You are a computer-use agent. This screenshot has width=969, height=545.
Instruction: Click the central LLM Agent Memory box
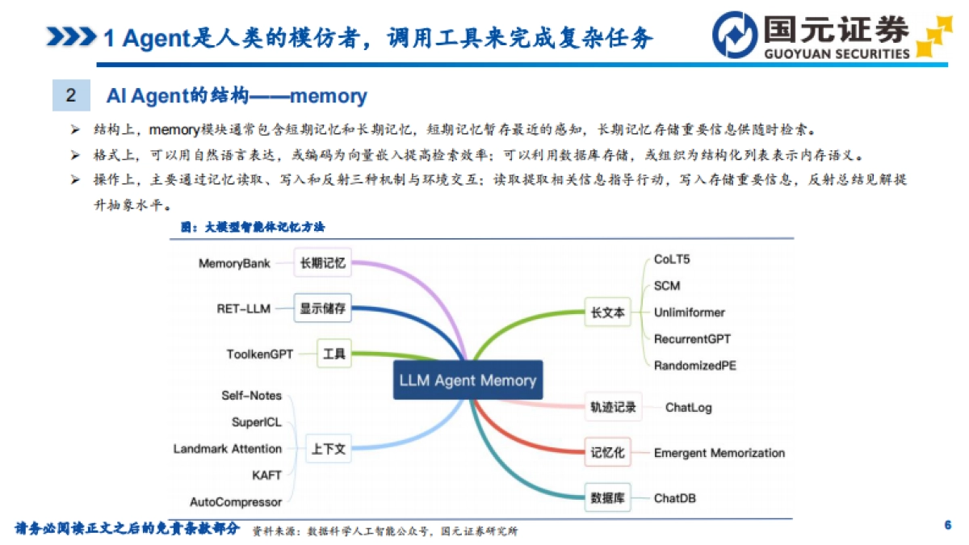[468, 380]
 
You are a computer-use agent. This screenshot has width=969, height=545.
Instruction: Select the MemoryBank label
[234, 263]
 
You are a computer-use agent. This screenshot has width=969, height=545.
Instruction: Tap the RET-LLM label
[243, 308]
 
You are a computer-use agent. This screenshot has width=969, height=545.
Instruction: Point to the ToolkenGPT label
[260, 354]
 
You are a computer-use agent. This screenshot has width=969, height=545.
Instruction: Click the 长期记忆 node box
[322, 262]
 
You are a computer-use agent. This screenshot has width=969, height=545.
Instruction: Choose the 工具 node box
[333, 354]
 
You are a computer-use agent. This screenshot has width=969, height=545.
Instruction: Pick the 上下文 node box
[328, 449]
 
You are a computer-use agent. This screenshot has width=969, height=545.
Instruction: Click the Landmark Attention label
[228, 449]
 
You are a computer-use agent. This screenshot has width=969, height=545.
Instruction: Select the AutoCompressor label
[236, 502]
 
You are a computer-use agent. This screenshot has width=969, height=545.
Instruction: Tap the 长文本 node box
[608, 313]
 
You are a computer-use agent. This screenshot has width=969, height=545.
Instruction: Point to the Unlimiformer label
[689, 312]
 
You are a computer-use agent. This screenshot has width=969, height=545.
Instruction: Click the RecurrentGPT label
[692, 339]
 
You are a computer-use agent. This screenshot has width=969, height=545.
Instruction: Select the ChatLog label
[688, 408]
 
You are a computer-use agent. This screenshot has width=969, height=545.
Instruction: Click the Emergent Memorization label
[719, 453]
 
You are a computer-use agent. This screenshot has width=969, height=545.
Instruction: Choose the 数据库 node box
[608, 498]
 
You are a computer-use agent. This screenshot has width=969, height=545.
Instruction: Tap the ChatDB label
[674, 498]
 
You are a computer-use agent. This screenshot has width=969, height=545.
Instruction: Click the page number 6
[947, 526]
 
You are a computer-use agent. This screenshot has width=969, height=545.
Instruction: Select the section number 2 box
[71, 95]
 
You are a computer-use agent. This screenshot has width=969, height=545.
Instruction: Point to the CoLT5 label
[672, 260]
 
